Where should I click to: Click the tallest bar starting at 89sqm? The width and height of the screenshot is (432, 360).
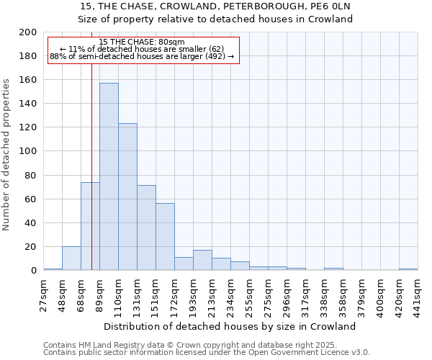pos(109,176)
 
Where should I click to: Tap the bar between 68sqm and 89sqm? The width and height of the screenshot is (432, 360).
pos(90,226)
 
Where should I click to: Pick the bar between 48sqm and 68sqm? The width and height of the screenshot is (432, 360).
pos(71,258)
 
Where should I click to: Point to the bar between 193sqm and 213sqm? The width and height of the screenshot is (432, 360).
pos(202,260)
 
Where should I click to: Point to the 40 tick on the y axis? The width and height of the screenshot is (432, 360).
pos(31,223)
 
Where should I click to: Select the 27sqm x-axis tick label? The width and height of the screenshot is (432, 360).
pos(43,294)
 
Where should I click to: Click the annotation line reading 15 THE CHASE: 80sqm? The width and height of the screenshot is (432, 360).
pos(142,42)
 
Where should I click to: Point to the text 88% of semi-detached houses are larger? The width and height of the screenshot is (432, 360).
pos(142,56)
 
